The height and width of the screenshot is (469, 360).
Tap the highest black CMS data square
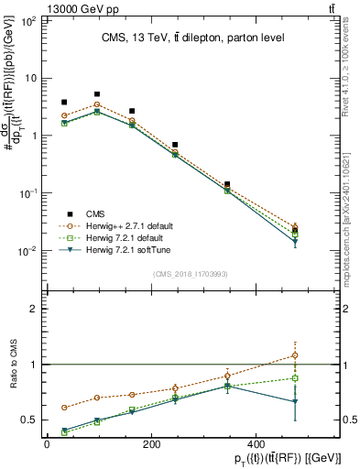click(x=97, y=94)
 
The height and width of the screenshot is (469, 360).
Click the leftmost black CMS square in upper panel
click(x=64, y=103)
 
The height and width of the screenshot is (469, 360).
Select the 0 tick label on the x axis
click(x=47, y=444)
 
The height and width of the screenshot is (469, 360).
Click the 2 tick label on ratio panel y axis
click(x=31, y=309)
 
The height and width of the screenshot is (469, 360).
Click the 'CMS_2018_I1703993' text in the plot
click(x=191, y=273)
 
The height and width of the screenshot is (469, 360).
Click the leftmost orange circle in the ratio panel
click(x=64, y=408)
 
